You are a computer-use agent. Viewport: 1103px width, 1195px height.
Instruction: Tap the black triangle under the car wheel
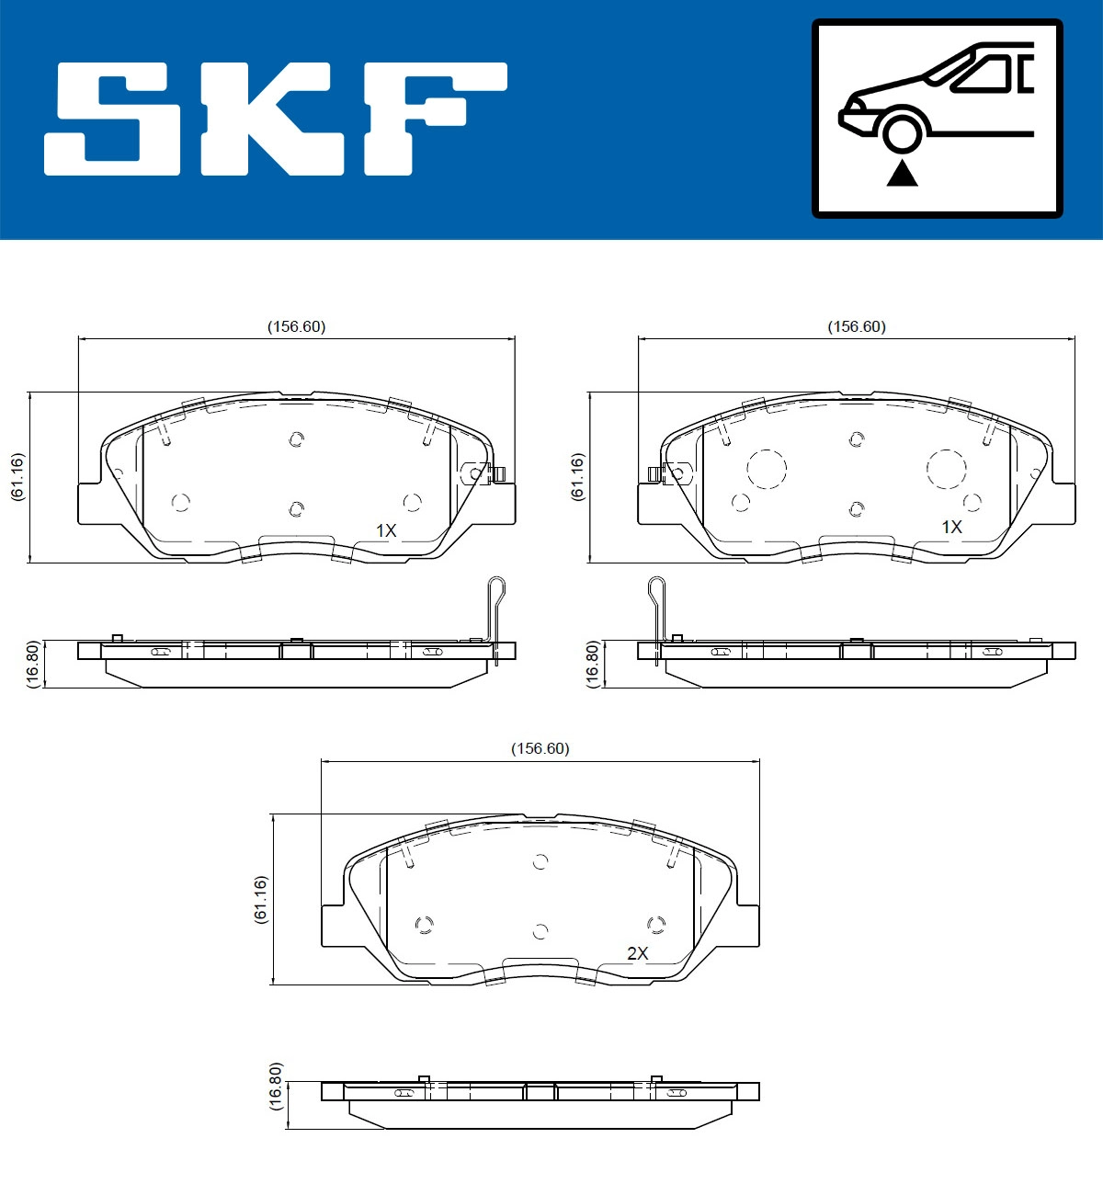pos(902,173)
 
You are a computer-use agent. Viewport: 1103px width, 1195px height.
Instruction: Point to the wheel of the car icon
pos(902,131)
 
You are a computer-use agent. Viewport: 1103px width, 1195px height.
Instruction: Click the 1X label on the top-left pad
pos(386,530)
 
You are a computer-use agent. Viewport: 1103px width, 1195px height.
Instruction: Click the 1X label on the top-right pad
pos(951,527)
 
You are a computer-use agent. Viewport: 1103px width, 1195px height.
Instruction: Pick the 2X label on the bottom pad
pos(637,953)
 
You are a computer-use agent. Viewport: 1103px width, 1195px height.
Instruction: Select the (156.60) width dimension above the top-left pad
pos(296,326)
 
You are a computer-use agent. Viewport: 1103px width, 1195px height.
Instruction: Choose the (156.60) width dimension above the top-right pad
pos(857,326)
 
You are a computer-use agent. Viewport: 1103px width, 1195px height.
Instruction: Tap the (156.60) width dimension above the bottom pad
pos(540,748)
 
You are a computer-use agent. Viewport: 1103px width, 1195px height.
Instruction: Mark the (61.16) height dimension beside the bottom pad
pos(260,899)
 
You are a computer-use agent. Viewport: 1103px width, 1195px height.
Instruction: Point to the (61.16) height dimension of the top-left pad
pos(17,476)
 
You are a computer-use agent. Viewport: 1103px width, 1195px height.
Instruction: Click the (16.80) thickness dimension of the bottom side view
pos(277,1087)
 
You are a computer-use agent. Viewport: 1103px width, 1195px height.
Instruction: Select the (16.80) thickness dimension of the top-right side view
pos(592,664)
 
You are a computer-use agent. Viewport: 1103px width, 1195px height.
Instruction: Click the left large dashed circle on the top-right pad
pos(767,469)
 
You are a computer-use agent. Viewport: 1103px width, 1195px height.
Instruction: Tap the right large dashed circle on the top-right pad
pos(946,469)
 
